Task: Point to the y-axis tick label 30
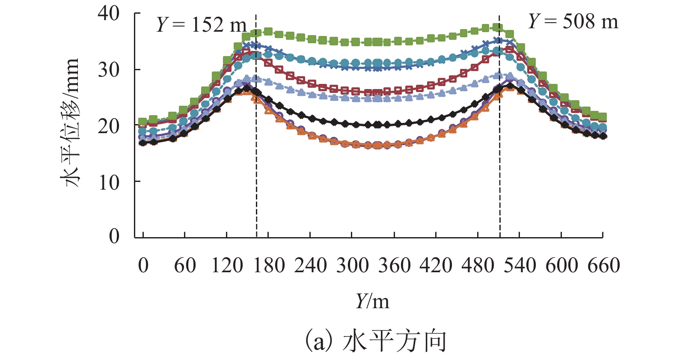[x=109, y=69]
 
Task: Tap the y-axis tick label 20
[x=109, y=126]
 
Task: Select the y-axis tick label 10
[x=109, y=183]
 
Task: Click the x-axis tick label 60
[x=185, y=265]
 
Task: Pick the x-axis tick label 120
[x=227, y=265]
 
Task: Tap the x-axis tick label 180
[x=269, y=265]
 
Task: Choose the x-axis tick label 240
[x=310, y=265]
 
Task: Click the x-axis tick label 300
[x=352, y=265]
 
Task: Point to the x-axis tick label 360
[x=394, y=265]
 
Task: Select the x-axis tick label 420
[x=436, y=265]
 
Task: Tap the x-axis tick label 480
[x=478, y=265]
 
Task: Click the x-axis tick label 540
[x=520, y=265]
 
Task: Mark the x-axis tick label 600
[x=561, y=265]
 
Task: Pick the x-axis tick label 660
[x=603, y=265]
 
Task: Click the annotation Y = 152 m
[x=201, y=25]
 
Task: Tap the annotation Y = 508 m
[x=573, y=21]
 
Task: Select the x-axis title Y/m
[x=372, y=302]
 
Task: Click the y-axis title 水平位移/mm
[x=71, y=123]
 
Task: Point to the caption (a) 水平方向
[x=376, y=341]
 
